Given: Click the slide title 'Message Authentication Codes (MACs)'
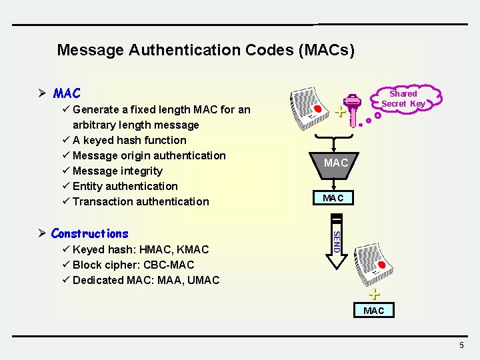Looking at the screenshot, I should (205, 50).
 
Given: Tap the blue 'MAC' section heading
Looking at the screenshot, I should (67, 94).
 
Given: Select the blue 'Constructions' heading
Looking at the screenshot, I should (89, 233).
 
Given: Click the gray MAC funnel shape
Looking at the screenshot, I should (335, 163).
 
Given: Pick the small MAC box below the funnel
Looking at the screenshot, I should (333, 198).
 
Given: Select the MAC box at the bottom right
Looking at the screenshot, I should (373, 311).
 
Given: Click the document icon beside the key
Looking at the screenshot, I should (309, 109).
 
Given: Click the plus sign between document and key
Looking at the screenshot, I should (340, 111).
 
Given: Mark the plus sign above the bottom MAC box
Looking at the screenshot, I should (375, 294).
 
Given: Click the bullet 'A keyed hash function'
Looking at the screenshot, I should (129, 140).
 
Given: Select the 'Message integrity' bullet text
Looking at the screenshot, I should (117, 171).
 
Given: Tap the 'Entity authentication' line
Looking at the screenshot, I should (125, 186).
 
